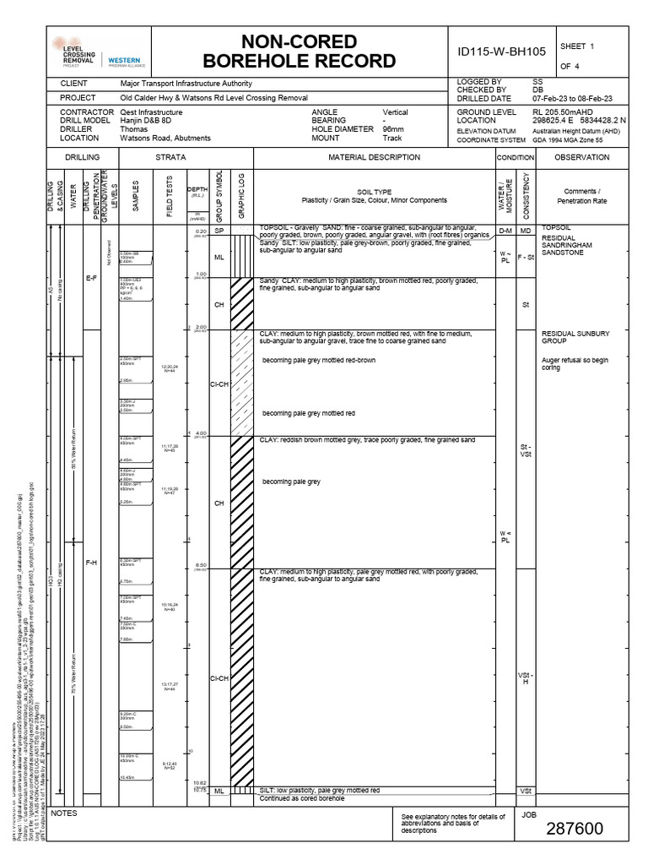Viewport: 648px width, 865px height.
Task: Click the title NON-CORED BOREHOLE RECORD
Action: (x=300, y=51)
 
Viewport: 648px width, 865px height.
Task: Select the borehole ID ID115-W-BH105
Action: (x=501, y=52)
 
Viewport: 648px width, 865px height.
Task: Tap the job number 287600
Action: (x=574, y=829)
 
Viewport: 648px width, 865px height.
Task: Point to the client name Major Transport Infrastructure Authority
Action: (x=186, y=84)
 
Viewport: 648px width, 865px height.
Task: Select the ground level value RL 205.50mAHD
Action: (x=562, y=112)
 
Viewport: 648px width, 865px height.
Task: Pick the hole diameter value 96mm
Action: (x=394, y=129)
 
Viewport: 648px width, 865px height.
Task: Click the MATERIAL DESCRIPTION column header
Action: (x=374, y=157)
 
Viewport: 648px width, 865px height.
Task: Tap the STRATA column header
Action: (x=170, y=157)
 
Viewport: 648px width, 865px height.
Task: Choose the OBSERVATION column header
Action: (x=582, y=157)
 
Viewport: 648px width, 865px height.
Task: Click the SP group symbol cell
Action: (x=219, y=231)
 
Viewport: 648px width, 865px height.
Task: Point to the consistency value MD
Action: (x=525, y=231)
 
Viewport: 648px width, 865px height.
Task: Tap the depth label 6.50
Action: (x=201, y=565)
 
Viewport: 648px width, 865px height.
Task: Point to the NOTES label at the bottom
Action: (x=64, y=813)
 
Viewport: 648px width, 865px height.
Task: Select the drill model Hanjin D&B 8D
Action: (x=148, y=121)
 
